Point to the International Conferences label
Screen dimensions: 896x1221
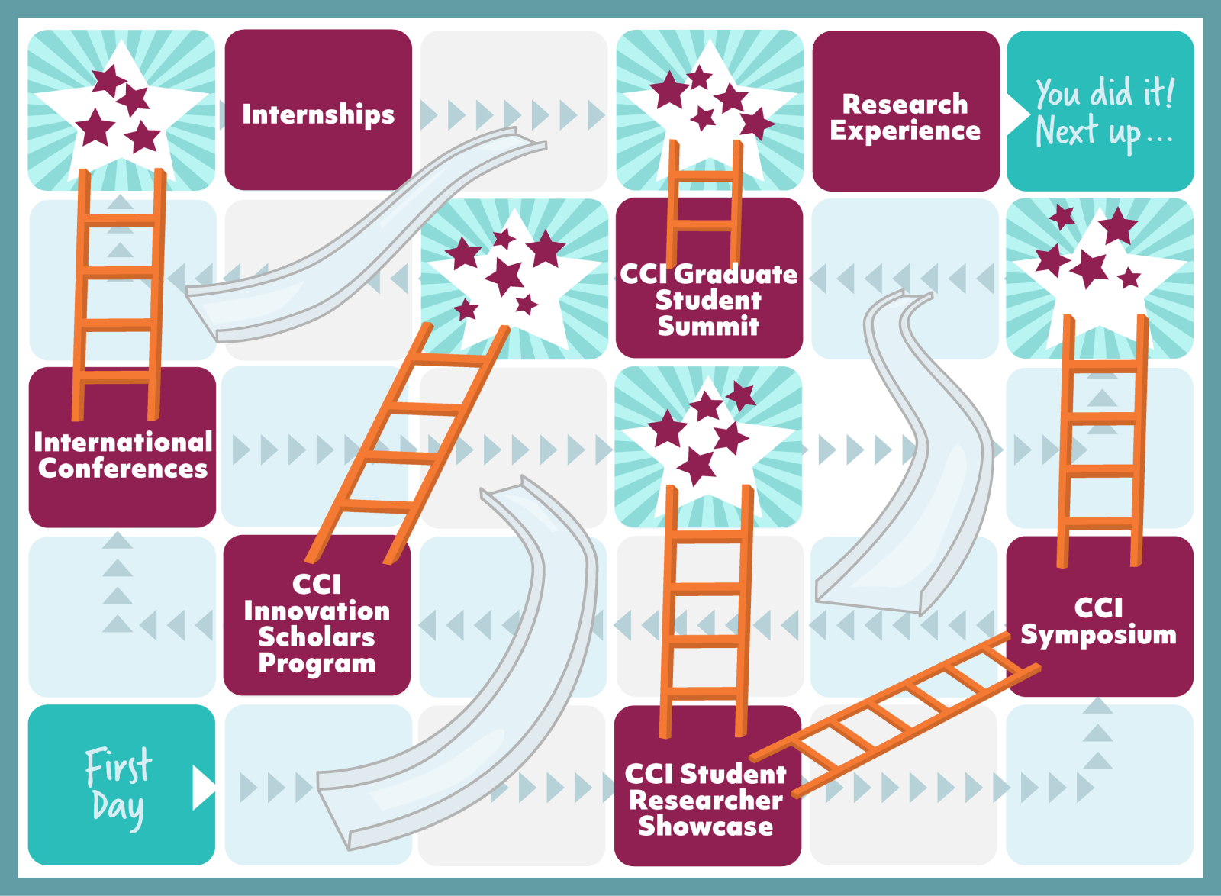[x=123, y=455]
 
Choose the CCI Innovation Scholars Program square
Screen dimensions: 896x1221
[x=317, y=622]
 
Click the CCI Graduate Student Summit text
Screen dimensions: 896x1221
[x=708, y=300]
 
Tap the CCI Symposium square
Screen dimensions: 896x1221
[x=1099, y=620]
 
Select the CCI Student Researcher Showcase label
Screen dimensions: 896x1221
[x=706, y=800]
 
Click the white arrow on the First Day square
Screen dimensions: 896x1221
[x=203, y=786]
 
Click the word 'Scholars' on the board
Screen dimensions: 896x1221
[x=317, y=637]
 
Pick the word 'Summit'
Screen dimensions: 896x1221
[x=708, y=327]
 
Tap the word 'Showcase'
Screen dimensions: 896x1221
[x=706, y=827]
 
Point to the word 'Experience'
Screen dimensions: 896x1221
[x=906, y=131]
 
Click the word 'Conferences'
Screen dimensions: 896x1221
[x=123, y=469]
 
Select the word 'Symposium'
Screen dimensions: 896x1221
[x=1099, y=635]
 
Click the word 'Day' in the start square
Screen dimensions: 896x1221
[x=118, y=808]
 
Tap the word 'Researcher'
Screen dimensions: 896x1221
[x=706, y=800]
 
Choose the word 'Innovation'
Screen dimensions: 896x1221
[x=317, y=611]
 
